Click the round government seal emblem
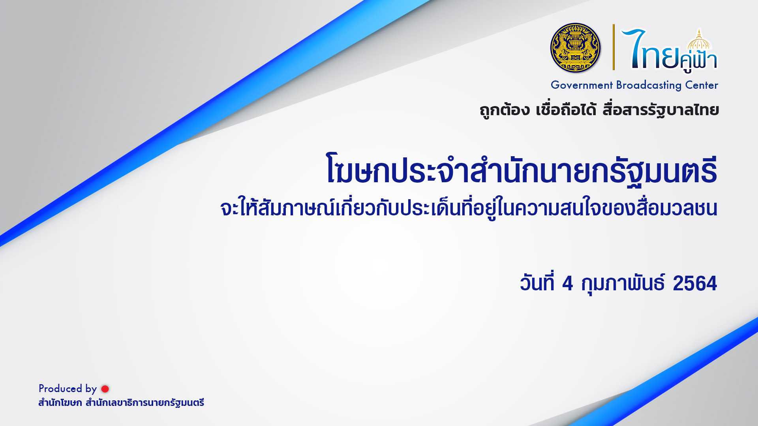tap(575, 48)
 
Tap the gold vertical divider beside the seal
tap(614, 47)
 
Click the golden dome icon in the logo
tap(699, 41)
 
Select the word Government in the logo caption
tap(582, 85)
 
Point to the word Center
tap(702, 85)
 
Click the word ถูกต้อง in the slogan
tap(505, 110)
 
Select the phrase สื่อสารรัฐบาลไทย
tap(660, 110)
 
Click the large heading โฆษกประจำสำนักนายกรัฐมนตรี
tap(522, 170)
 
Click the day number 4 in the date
tap(567, 284)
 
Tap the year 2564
tap(695, 284)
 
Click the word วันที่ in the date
tap(537, 282)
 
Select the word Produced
tap(60, 389)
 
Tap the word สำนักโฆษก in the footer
tap(60, 403)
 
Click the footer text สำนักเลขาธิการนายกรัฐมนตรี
tap(145, 403)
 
